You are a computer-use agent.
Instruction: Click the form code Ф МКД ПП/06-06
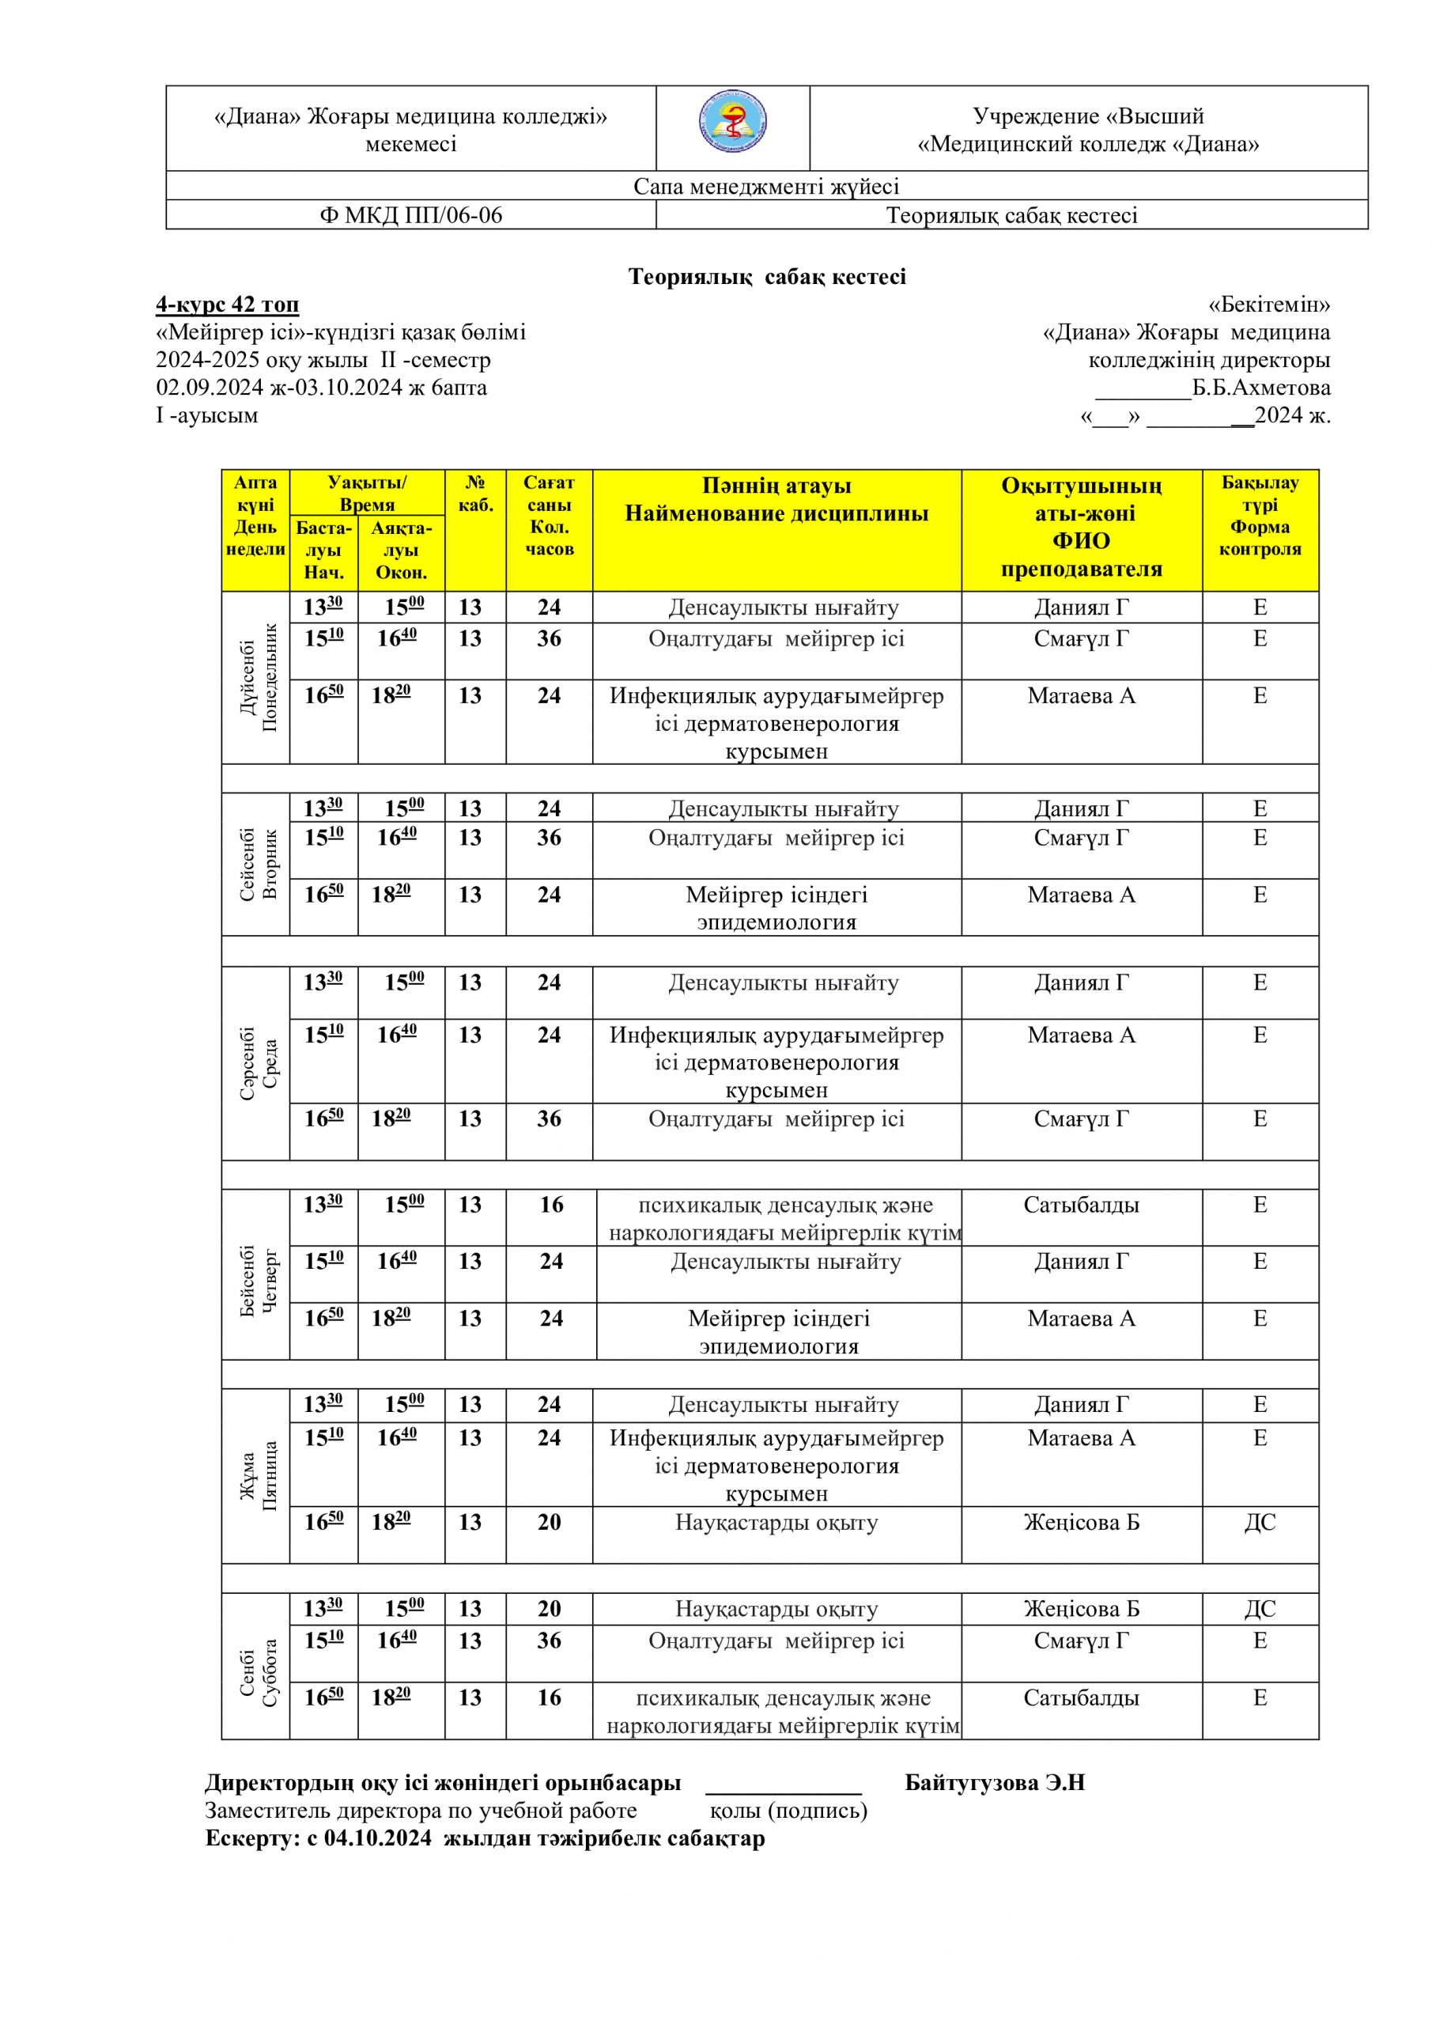[x=411, y=215]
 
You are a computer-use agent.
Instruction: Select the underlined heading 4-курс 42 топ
[x=228, y=305]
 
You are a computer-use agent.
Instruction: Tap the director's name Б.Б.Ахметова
[x=1261, y=388]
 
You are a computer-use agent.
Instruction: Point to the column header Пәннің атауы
[x=776, y=486]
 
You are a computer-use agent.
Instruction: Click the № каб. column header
[x=475, y=494]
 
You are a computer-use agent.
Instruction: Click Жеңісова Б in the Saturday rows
[x=1081, y=1609]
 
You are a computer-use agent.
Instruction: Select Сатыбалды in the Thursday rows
[x=1081, y=1206]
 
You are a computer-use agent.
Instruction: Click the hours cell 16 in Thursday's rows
[x=551, y=1206]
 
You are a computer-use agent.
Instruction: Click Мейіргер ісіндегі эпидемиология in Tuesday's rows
[x=776, y=908]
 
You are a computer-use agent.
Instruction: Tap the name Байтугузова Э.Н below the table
[x=995, y=1782]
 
